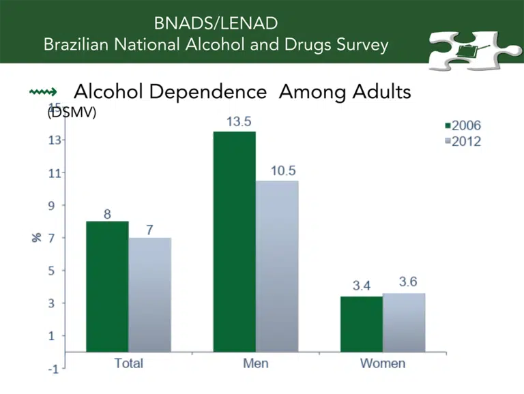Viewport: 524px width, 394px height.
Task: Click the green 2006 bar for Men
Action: [235, 241]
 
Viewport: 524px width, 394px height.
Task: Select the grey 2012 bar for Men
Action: [277, 266]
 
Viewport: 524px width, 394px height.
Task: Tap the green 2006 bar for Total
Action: [107, 286]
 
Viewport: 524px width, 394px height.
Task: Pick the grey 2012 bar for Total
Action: [149, 295]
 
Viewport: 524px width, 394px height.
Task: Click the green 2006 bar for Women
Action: [362, 324]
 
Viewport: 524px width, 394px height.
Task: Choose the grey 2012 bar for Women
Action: [404, 322]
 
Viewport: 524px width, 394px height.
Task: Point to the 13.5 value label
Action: [239, 121]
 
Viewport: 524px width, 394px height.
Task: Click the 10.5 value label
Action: [283, 170]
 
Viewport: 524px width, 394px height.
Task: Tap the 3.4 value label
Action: [362, 286]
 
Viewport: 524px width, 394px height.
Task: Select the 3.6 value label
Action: [408, 282]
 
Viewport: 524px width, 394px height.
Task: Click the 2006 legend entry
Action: [463, 125]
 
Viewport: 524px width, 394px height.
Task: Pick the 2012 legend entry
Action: [463, 141]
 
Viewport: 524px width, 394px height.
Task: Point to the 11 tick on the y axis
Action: [55, 173]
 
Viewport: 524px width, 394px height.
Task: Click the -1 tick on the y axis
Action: [53, 369]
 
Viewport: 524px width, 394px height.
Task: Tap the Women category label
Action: [383, 363]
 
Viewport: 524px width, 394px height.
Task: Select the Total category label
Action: [129, 363]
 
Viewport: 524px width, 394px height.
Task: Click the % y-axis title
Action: [37, 237]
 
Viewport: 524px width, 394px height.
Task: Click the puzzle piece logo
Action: [475, 50]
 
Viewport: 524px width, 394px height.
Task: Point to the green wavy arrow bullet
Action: [43, 91]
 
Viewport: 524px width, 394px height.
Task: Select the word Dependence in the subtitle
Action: [208, 91]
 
